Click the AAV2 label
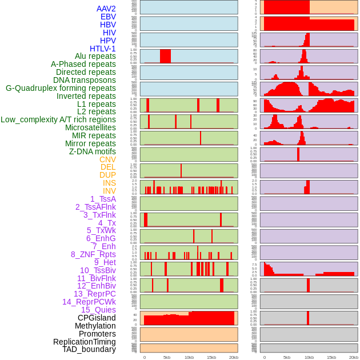point(106,9)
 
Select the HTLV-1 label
point(103,49)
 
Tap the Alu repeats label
point(95,57)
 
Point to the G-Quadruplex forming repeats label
point(61,88)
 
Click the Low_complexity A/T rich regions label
point(58,119)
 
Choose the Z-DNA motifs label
point(93,151)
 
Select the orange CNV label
point(107,159)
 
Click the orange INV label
point(109,191)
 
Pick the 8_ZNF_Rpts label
point(93,254)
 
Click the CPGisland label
point(97,318)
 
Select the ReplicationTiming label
point(85,342)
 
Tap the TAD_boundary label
point(89,349)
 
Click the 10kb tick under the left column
point(189,357)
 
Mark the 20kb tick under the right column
point(354,357)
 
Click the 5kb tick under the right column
point(287,357)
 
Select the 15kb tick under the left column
point(211,357)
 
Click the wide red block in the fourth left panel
point(165,56)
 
